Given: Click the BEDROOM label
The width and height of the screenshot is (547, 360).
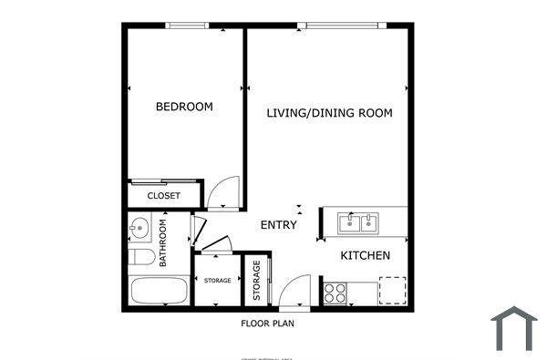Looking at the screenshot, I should coord(184,107).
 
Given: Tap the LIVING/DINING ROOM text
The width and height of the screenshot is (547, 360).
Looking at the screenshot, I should coord(329,114).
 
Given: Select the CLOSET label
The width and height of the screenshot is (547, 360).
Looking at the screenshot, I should coord(164,196).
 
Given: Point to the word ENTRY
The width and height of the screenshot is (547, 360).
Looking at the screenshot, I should coord(278,225).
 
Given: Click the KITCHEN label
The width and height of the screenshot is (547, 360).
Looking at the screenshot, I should coord(366,256).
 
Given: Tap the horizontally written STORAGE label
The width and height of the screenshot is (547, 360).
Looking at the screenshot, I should coord(216,281).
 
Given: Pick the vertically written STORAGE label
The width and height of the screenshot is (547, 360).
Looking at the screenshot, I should coord(256,282).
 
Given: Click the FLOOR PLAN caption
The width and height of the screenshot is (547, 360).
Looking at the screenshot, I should coord(267,323).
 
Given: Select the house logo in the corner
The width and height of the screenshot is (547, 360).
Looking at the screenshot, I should coord(513,329).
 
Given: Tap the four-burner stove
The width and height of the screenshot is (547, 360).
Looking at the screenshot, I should coord(335,293).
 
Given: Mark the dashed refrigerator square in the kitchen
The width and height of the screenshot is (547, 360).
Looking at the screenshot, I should coord(392,290).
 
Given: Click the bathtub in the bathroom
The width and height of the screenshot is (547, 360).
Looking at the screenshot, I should coord(159,293).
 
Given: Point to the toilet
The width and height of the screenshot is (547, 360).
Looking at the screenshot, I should coord(140,258).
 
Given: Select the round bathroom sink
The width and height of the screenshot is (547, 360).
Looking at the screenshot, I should coord(139,227).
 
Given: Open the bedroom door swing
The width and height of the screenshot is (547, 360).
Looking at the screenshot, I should coord(221,193).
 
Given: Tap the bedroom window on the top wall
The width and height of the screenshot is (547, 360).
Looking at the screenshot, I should coord(186,26).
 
